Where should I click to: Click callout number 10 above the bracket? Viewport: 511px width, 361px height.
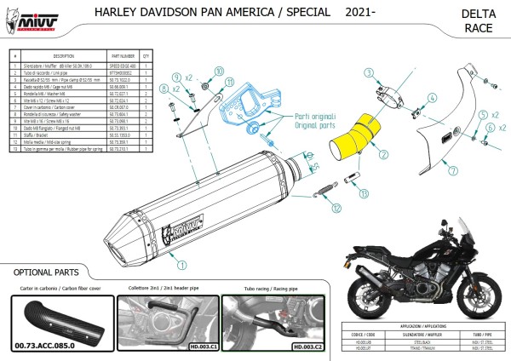pos(217,71)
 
